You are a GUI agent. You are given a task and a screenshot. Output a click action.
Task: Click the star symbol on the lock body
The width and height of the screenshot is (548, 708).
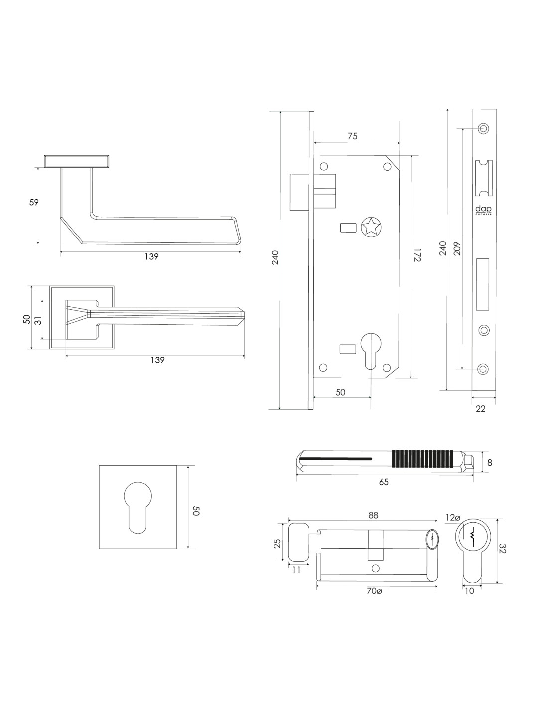pos(371,227)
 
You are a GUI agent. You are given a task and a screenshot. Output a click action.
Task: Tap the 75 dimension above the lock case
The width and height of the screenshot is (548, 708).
pos(352,136)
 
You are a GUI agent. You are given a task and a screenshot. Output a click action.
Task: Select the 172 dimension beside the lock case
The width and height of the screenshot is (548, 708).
pos(417,255)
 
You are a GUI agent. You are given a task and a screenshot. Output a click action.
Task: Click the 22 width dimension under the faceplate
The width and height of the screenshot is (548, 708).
pos(481,409)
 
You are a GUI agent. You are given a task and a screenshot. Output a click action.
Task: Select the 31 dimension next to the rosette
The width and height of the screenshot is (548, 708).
pos(38,319)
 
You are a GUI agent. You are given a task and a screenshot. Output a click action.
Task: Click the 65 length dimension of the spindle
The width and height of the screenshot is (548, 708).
pos(384,482)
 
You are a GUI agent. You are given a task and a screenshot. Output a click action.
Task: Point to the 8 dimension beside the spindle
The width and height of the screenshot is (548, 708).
pos(490,462)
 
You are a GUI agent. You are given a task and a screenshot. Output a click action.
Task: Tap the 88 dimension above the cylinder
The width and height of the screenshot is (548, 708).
pos(373,516)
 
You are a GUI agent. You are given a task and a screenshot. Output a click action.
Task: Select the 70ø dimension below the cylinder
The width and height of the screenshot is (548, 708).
pos(374,591)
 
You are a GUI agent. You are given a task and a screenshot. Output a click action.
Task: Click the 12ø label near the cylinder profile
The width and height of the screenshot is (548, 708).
pos(453,518)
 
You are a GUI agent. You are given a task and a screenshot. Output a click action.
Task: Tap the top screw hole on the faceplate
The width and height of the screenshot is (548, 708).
pos(483,128)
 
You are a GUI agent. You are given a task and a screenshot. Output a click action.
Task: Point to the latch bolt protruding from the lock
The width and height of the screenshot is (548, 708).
pos(297,192)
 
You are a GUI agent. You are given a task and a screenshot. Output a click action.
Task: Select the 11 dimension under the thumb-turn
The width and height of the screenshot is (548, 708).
pos(296,570)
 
